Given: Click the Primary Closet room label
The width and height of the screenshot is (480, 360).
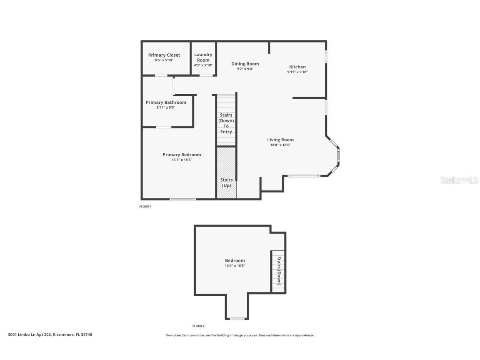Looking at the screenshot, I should pyautogui.click(x=164, y=55).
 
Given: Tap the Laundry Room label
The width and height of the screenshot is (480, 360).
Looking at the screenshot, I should pyautogui.click(x=203, y=57).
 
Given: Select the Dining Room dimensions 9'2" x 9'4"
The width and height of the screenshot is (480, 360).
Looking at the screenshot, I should pyautogui.click(x=245, y=69).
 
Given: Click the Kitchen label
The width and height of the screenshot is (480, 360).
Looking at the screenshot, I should pyautogui.click(x=297, y=67).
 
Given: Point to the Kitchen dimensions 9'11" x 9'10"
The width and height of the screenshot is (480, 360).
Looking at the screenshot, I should pyautogui.click(x=297, y=72).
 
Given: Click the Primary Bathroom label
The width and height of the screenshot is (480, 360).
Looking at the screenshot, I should pyautogui.click(x=166, y=102).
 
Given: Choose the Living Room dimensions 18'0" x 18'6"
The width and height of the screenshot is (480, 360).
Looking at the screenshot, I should pyautogui.click(x=280, y=145).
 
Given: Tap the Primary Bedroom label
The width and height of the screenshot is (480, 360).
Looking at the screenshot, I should pyautogui.click(x=182, y=155).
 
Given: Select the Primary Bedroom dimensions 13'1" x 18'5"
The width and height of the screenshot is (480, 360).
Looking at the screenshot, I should pyautogui.click(x=182, y=160).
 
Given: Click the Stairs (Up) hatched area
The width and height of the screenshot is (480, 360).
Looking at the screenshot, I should pyautogui.click(x=226, y=171).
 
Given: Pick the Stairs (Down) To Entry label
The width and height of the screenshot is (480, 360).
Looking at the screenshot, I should pyautogui.click(x=226, y=123).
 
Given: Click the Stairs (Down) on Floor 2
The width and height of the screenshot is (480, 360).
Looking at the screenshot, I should pyautogui.click(x=278, y=271).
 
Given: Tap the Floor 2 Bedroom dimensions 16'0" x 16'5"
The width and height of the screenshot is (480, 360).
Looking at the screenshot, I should pyautogui.click(x=235, y=266).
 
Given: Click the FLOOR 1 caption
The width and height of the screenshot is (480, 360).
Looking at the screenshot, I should pyautogui.click(x=145, y=207).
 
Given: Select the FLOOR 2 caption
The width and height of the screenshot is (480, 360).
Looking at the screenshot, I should pyautogui.click(x=198, y=326).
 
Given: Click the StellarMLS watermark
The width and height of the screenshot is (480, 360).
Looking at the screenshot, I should pyautogui.click(x=460, y=180).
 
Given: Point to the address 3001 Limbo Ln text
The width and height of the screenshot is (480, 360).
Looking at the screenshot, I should pyautogui.click(x=50, y=335).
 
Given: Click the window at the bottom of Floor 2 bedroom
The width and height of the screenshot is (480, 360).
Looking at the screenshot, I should pyautogui.click(x=237, y=319).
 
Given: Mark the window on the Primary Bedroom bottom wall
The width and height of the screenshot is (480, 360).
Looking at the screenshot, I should pyautogui.click(x=183, y=199).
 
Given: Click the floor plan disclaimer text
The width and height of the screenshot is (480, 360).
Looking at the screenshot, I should pyautogui.click(x=240, y=335).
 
